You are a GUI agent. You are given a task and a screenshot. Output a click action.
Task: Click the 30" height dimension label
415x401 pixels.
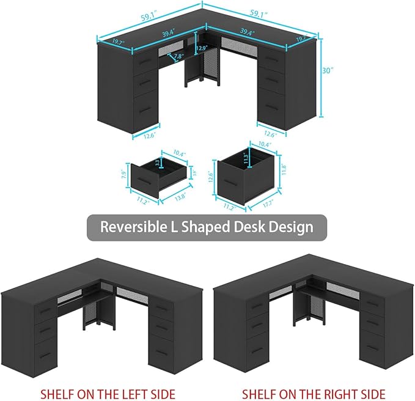[328, 70]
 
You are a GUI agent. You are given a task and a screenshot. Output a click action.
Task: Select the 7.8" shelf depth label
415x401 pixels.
[178, 57]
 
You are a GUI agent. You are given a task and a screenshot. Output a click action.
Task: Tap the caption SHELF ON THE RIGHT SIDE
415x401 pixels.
[314, 392]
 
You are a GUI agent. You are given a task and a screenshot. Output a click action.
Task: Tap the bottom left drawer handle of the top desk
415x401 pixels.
[142, 110]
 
